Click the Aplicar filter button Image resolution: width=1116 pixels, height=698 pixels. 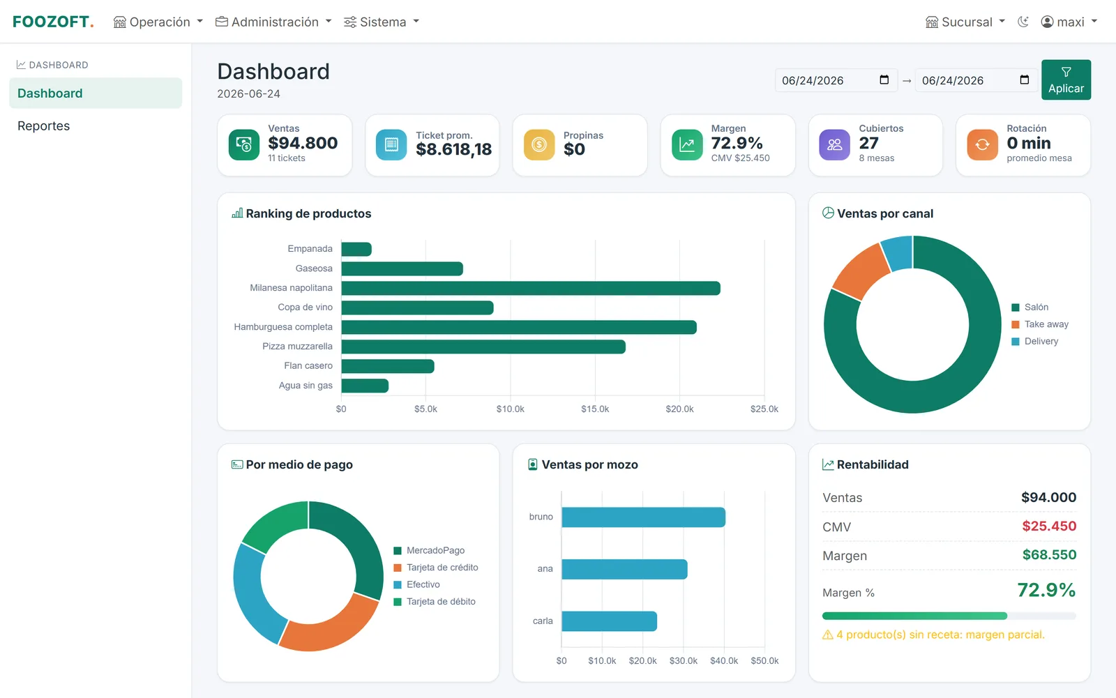pos(1066,79)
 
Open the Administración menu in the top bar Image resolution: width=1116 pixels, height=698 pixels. pos(273,22)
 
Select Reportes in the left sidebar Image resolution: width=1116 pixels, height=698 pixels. pos(43,126)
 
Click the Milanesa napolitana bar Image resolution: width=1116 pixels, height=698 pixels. pos(531,288)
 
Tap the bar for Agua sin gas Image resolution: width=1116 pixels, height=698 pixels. pos(365,386)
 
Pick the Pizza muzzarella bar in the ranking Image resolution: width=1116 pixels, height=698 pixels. pos(483,347)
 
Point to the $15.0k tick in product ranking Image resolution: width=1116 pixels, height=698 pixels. pos(595,409)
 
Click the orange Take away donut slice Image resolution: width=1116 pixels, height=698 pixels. pos(859,271)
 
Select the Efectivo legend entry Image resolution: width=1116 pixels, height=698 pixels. pos(416,584)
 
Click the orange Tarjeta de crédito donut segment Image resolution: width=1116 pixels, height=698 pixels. pos(329,625)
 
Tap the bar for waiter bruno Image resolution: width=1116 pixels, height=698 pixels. pos(643,517)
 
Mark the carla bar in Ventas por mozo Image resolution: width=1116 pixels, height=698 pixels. pos(610,621)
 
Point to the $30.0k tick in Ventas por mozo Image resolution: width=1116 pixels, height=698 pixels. pos(683,660)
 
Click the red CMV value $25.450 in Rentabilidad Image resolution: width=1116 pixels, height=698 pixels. pos(1049,526)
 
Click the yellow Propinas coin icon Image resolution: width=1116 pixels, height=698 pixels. pos(539,144)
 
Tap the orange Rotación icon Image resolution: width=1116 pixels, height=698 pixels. pos(982,144)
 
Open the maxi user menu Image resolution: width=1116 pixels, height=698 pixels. pos(1069,22)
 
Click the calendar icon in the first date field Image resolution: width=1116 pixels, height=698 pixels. pos(884,79)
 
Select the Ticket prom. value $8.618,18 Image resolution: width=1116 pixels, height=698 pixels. pos(453,149)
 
